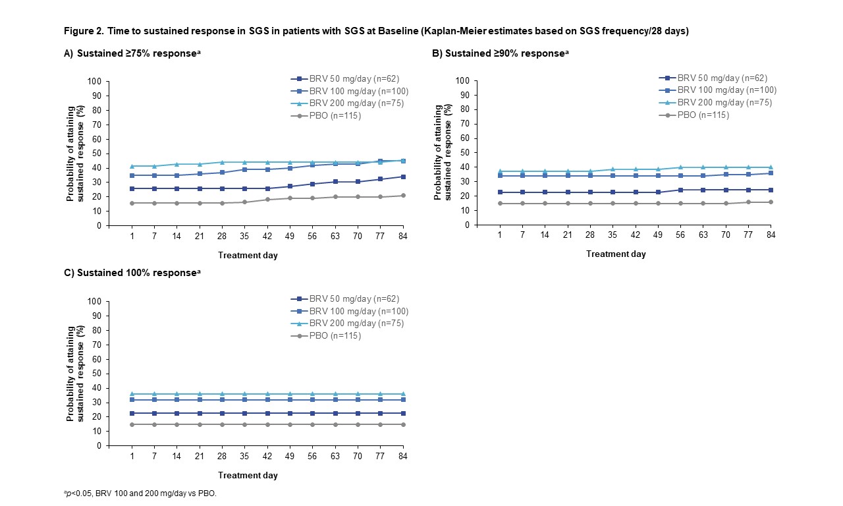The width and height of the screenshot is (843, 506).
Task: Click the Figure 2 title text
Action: pos(376,31)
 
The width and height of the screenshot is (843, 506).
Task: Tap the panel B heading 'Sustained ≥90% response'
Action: pos(500,53)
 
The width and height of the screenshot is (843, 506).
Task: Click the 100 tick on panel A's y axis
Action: pos(95,82)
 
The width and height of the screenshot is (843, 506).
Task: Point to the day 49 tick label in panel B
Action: pos(658,235)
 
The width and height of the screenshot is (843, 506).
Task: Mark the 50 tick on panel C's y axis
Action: pos(97,374)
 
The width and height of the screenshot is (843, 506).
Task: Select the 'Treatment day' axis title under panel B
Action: pos(616,254)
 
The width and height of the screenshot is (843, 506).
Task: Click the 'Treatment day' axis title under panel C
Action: pos(248,475)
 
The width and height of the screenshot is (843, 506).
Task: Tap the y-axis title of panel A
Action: pos(74,154)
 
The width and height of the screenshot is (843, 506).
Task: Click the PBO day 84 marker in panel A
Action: pos(403,196)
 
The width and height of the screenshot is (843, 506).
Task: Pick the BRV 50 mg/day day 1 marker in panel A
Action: pos(132,188)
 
